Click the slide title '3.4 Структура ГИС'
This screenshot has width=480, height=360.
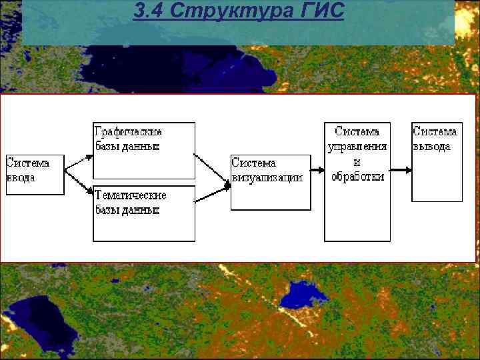238,11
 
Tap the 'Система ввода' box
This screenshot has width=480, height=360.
35,175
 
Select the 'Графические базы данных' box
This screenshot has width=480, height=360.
143,151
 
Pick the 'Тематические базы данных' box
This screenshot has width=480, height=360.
143,213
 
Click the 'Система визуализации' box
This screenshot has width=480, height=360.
271,182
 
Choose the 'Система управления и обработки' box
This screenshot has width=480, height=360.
357,181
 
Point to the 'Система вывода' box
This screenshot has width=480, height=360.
437,161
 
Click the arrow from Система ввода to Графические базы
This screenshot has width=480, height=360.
79,163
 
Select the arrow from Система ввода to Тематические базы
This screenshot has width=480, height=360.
79,186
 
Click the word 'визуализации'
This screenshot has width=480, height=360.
267,178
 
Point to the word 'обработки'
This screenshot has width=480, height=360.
357,177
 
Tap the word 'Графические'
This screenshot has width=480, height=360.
129,132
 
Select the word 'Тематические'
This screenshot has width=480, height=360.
131,195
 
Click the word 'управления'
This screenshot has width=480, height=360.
357,147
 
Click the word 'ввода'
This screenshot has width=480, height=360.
21,178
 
